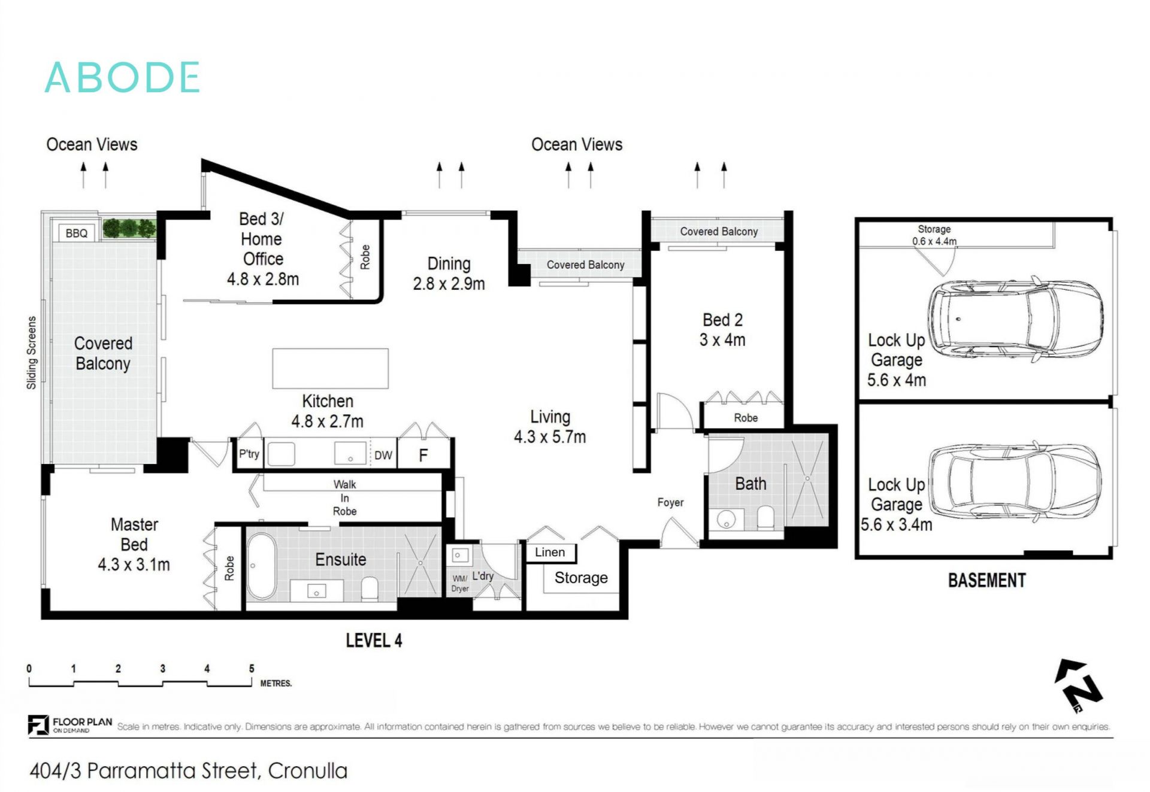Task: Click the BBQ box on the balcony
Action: (x=76, y=233)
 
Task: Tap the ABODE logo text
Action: (x=122, y=78)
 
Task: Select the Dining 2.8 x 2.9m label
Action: (x=449, y=274)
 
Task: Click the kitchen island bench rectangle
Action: (x=330, y=369)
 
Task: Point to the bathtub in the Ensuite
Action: (x=262, y=566)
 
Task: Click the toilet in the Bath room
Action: (x=765, y=517)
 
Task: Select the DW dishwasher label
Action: (x=383, y=456)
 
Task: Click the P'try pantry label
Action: (x=249, y=454)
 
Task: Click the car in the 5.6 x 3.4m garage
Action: (x=1015, y=483)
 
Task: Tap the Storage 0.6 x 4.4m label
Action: (x=934, y=235)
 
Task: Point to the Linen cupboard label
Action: (x=550, y=552)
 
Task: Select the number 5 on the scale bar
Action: (x=252, y=668)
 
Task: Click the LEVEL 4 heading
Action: (x=374, y=641)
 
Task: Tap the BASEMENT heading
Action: (x=986, y=580)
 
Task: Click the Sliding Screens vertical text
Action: (x=32, y=353)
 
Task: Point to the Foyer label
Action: (x=670, y=502)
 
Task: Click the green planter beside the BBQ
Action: (x=129, y=228)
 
